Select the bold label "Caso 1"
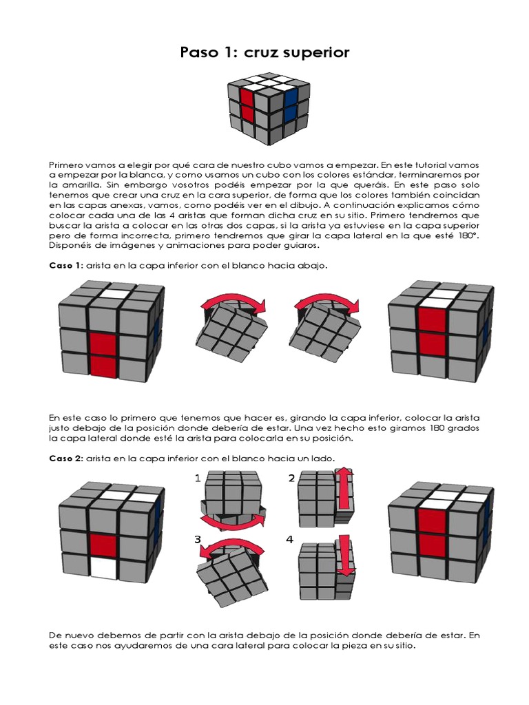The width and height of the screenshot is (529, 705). tap(65, 266)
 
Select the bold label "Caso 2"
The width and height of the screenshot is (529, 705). tap(65, 459)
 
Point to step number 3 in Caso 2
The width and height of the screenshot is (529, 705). tap(198, 540)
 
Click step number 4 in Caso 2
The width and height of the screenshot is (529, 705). tap(291, 540)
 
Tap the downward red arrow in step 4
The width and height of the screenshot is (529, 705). tap(346, 554)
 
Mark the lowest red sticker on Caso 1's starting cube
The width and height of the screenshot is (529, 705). tap(103, 366)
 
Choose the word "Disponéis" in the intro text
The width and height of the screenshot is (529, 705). tap(71, 245)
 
